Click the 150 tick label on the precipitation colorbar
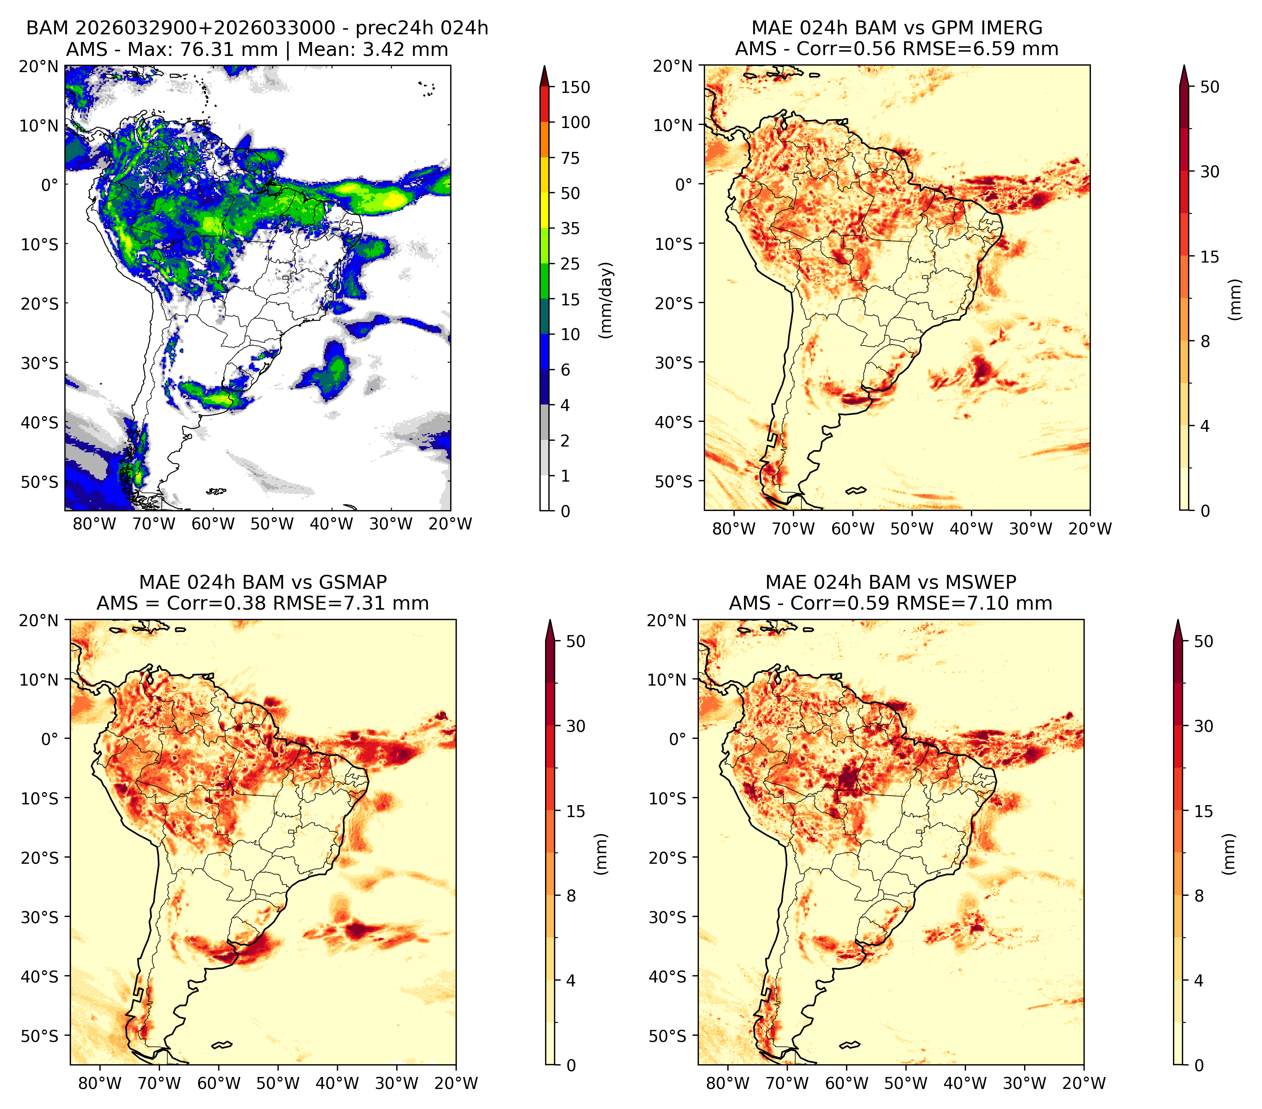(575, 87)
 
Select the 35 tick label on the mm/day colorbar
(570, 228)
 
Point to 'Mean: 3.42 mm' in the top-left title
(373, 49)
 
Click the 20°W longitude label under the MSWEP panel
(1084, 1083)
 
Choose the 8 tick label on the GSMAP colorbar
(570, 896)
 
